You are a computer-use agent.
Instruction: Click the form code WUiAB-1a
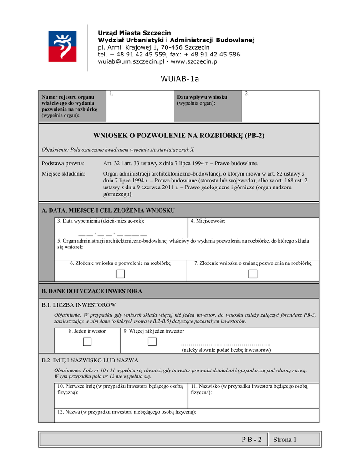tap(180, 79)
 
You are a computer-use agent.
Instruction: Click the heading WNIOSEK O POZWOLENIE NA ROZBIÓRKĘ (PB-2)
tap(179, 136)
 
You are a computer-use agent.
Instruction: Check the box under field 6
tap(120, 274)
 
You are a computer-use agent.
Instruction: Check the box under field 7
tap(253, 274)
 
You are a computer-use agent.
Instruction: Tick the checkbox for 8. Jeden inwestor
tap(87, 342)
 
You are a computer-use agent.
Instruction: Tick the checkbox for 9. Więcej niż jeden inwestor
tap(152, 342)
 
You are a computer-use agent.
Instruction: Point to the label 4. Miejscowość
tap(208, 221)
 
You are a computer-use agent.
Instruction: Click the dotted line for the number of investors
tap(226, 344)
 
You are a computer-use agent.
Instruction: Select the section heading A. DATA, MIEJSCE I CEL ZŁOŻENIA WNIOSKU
tap(108, 210)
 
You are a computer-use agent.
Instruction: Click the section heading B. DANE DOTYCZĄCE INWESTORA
tap(91, 291)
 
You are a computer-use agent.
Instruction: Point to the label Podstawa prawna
tap(63, 163)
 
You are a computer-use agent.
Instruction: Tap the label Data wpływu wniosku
tap(202, 97)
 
